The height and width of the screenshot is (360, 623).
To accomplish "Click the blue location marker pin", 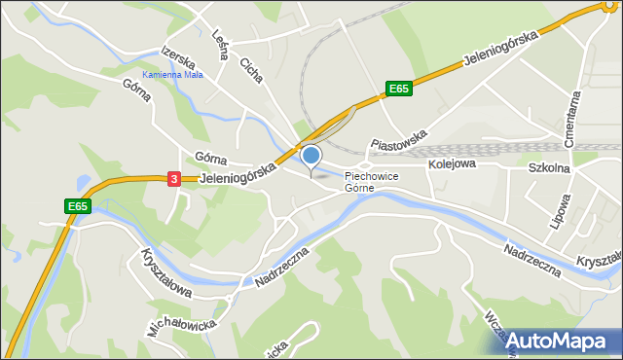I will point(311,156).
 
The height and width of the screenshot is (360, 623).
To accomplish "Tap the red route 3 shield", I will point(173,179).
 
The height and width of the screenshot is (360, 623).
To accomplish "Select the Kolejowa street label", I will point(451,164).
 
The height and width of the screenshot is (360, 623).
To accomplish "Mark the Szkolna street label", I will point(549,166).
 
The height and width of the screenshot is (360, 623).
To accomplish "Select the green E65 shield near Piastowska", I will point(398,89).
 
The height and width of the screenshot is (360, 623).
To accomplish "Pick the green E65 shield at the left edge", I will point(79,206).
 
